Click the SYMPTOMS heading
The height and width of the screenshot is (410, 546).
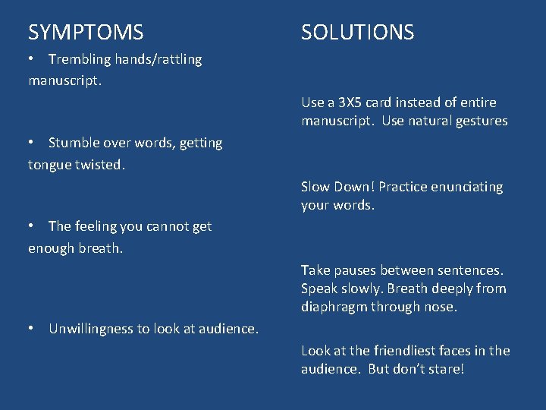[x=86, y=33]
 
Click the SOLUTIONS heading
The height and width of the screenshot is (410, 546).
[x=357, y=33]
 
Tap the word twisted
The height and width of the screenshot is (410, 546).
[x=99, y=165]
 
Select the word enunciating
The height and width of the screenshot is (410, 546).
[x=466, y=187]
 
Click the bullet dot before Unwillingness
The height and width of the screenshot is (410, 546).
[x=33, y=329]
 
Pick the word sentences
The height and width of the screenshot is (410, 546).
[x=473, y=270]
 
